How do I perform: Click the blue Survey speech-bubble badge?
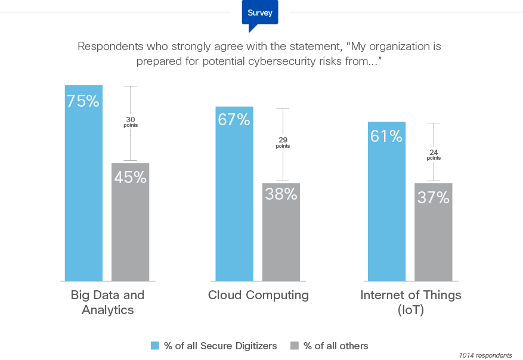click(x=259, y=14)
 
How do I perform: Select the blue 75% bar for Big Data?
click(x=83, y=191)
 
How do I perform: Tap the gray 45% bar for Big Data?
click(x=131, y=226)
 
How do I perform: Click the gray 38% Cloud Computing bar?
click(x=281, y=235)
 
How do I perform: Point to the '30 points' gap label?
click(x=130, y=122)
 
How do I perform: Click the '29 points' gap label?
click(x=283, y=142)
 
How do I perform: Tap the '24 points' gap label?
click(x=434, y=154)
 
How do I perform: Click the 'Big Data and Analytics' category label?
click(x=107, y=302)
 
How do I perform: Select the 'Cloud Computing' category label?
click(x=258, y=295)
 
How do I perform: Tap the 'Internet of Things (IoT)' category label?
click(x=410, y=302)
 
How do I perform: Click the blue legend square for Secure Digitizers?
click(x=155, y=346)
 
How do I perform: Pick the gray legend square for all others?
click(x=294, y=346)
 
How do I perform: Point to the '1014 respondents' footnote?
click(x=485, y=355)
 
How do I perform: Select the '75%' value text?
click(x=83, y=101)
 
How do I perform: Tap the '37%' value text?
click(x=433, y=198)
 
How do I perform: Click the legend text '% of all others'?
click(x=336, y=346)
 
